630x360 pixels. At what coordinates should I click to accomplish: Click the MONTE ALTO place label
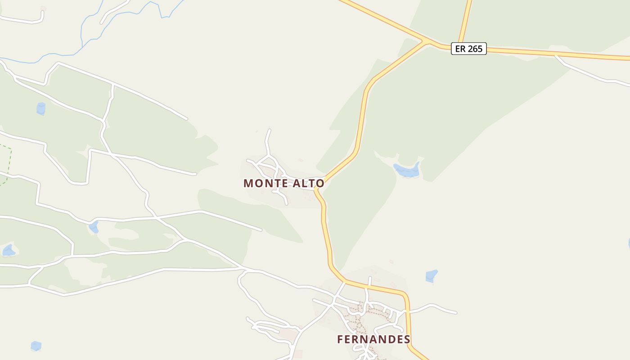[283, 184]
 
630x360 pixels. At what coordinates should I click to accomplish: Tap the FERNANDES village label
[373, 339]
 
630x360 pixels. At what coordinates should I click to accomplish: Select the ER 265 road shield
[469, 49]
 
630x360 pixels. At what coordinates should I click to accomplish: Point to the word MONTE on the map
[263, 184]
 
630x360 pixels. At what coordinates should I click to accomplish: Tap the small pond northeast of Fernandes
[432, 275]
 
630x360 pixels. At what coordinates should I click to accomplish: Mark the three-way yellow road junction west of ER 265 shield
[424, 42]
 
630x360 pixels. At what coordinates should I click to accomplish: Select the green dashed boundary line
[9, 162]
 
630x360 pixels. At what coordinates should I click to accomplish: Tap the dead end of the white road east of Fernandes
[456, 312]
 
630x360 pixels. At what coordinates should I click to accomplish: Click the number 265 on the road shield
[475, 49]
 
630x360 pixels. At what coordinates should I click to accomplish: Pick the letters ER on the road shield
[460, 49]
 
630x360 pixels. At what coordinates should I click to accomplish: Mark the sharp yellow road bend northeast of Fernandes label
[406, 297]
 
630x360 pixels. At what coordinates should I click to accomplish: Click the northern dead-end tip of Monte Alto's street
[270, 130]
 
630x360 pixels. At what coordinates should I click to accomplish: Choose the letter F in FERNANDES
[341, 339]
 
